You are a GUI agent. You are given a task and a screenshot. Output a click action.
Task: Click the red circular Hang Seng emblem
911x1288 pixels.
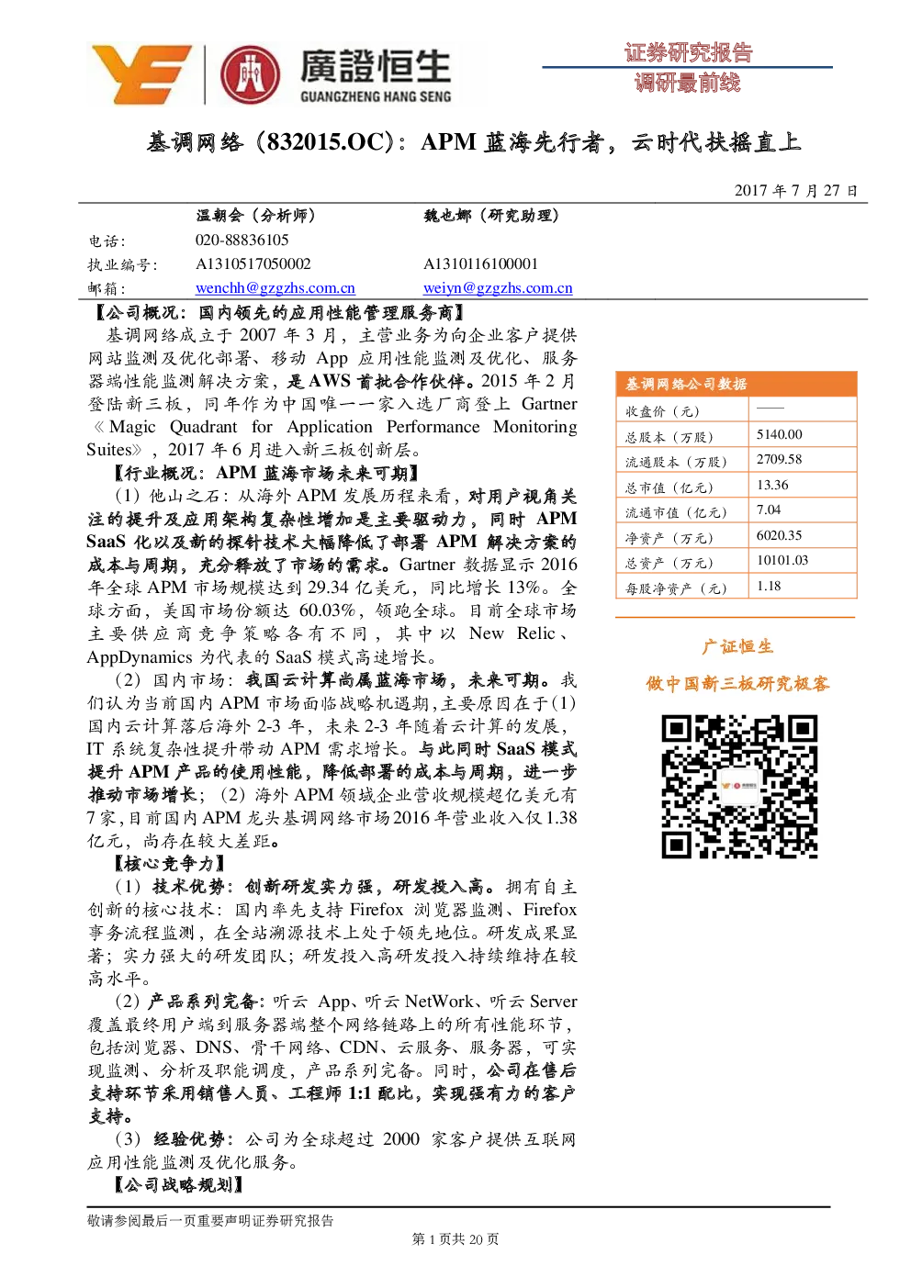coord(251,75)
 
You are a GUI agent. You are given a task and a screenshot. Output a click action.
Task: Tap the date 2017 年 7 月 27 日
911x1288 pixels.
coord(795,190)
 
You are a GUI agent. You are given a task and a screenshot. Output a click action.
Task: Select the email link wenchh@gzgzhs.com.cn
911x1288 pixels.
coord(275,287)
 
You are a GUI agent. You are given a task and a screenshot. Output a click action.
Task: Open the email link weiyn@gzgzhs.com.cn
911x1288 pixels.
coord(498,287)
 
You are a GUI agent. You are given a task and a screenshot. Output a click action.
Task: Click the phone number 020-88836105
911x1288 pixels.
coord(242,240)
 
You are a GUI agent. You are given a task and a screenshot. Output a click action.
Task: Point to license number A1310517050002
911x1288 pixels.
coord(253,263)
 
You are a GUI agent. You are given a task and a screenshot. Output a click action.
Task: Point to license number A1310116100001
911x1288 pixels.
coord(481,263)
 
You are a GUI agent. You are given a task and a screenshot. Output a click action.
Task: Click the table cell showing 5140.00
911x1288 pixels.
coord(803,435)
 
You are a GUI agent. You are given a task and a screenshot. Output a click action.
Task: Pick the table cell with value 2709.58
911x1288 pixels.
coord(803,459)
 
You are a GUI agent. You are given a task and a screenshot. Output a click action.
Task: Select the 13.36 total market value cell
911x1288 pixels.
coord(803,485)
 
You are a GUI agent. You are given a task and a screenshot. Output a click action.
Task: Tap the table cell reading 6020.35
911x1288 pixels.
coord(803,535)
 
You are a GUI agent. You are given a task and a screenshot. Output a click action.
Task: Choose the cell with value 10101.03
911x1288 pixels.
coord(803,560)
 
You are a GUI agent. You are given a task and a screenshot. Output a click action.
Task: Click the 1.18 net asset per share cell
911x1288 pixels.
coord(803,586)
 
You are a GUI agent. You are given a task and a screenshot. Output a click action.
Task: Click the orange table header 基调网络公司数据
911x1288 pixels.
coord(737,384)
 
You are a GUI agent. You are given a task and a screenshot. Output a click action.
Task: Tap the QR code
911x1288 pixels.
coord(739,787)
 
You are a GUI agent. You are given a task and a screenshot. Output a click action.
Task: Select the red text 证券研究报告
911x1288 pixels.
coord(689,53)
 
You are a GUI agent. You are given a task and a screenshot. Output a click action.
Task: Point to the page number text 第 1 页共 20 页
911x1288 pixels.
coord(455,1239)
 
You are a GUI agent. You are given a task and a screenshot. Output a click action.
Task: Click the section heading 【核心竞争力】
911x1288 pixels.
coord(169,863)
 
